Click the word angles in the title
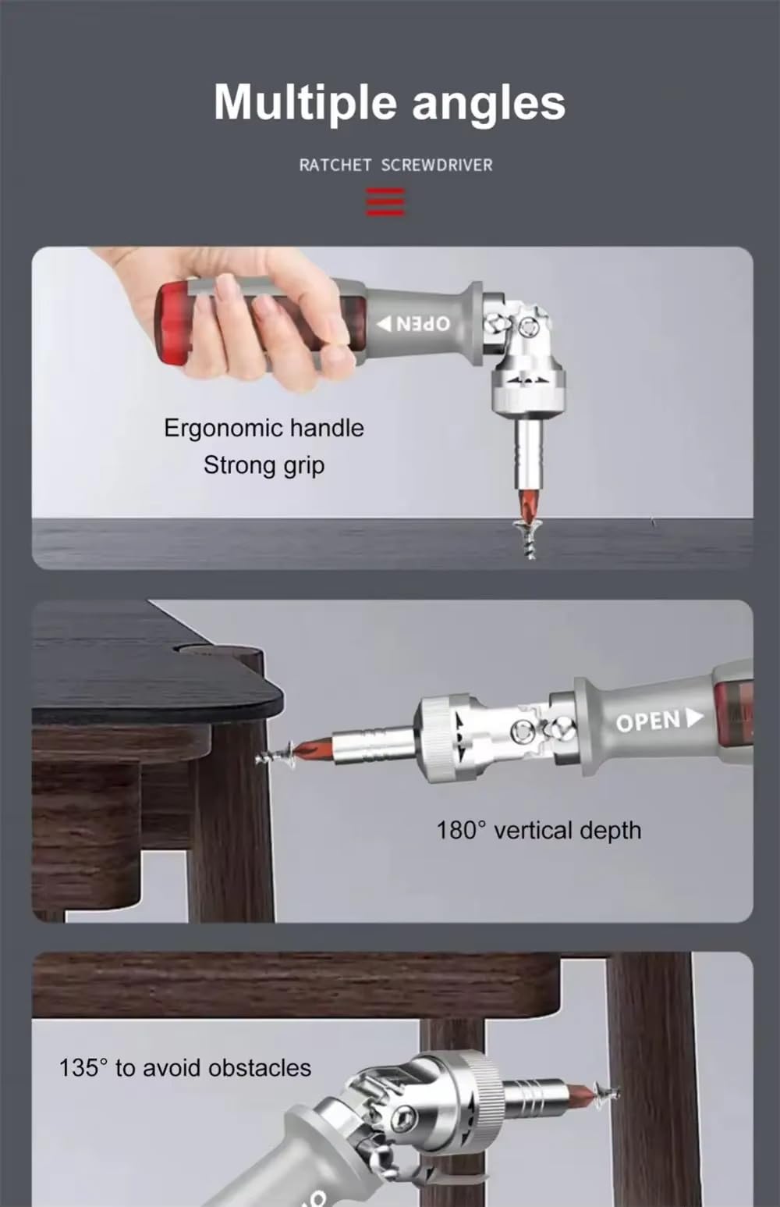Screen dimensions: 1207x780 pos(488,103)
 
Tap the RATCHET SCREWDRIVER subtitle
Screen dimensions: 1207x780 pos(395,166)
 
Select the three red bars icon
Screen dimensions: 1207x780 pos(385,201)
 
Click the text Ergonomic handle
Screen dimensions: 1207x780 pos(264,428)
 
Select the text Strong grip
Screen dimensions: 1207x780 pos(264,465)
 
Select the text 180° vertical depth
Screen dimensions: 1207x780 pos(538,830)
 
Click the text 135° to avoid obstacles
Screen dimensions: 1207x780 pos(185,1068)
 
